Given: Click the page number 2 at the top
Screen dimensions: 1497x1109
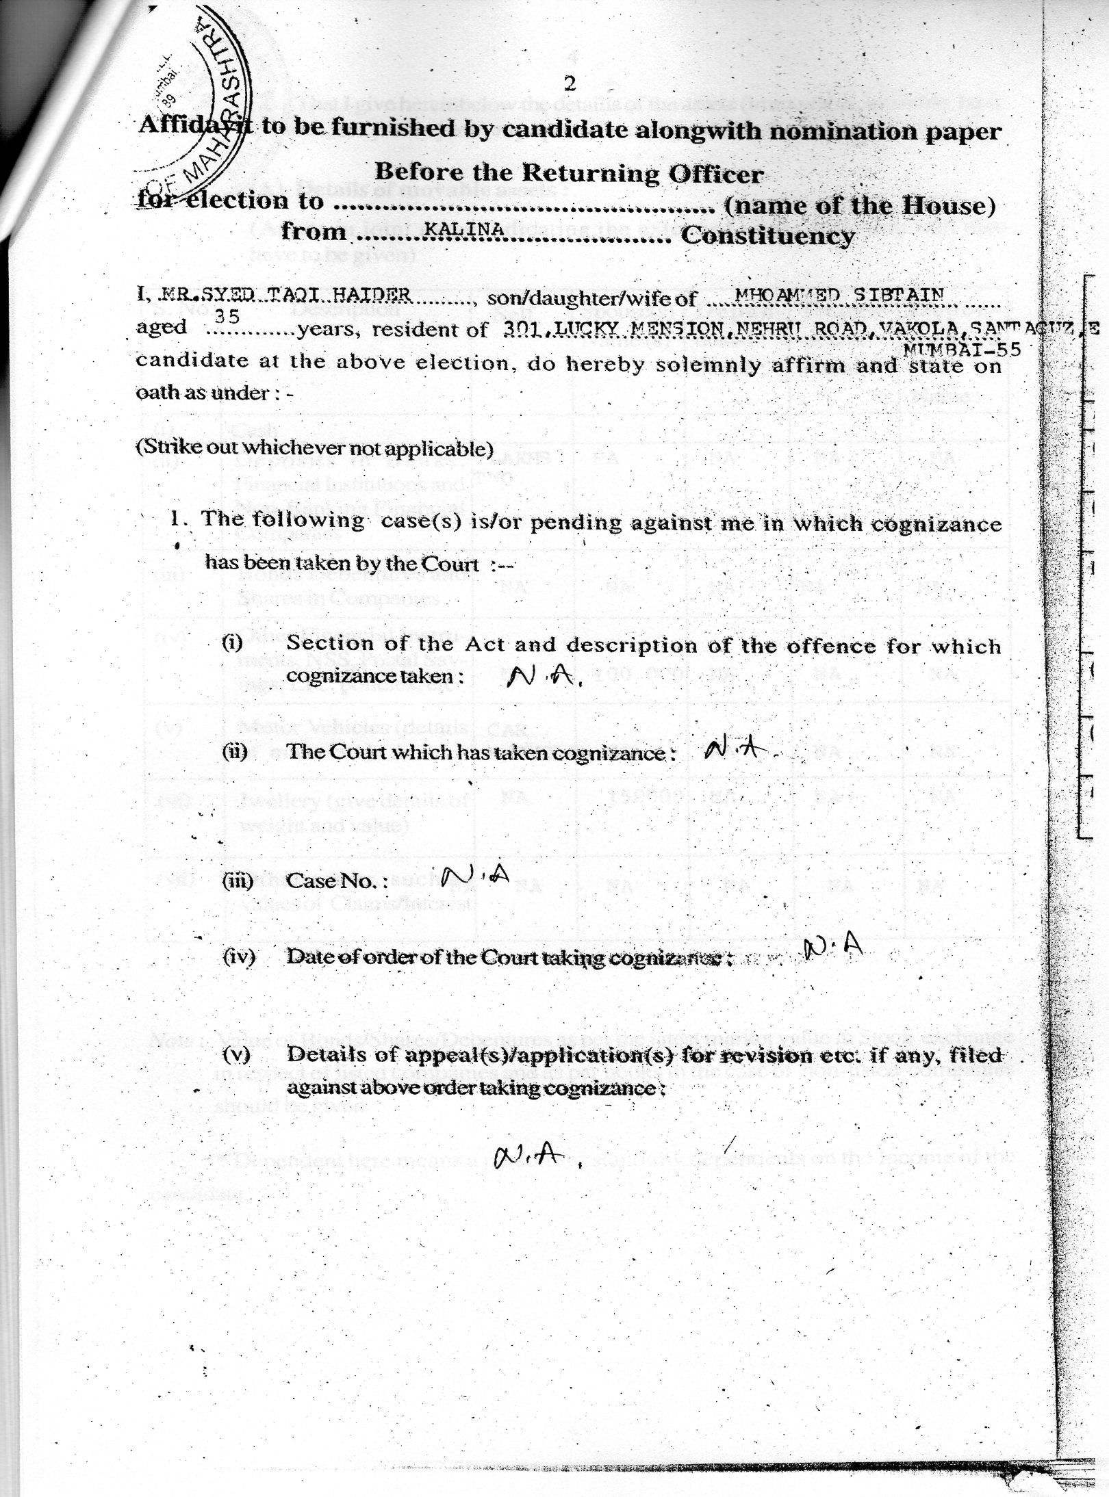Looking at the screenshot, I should [x=569, y=84].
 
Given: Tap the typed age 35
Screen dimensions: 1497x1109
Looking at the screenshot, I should [x=227, y=315].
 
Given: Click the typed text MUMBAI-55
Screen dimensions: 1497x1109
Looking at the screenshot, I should [x=963, y=349].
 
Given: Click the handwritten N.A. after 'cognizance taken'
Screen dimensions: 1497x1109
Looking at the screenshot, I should [x=545, y=677].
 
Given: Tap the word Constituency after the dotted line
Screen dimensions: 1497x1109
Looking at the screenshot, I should [x=767, y=236].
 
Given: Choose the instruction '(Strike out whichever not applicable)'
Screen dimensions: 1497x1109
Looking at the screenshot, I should [x=314, y=449].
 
